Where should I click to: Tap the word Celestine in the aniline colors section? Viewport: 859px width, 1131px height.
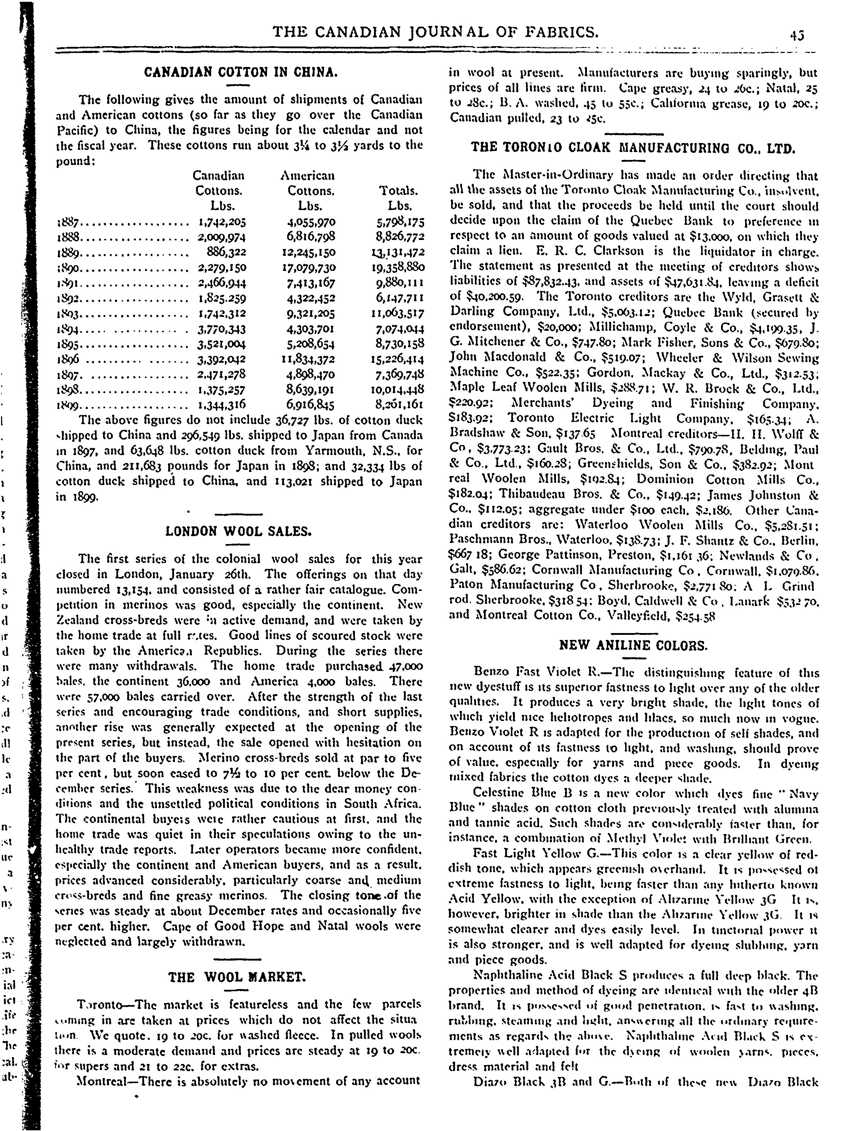(x=500, y=794)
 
